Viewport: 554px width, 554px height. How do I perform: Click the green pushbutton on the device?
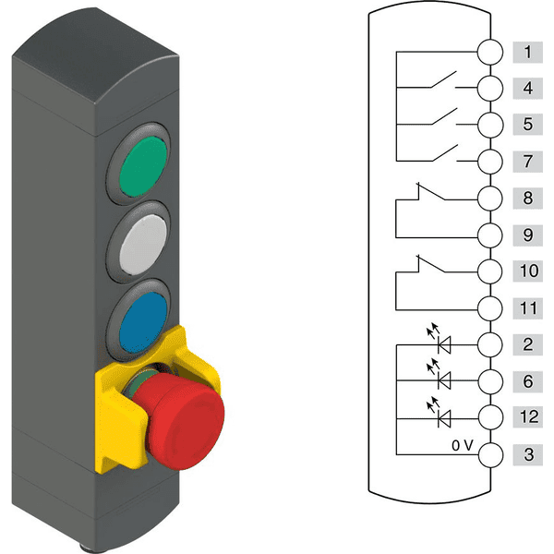tap(143, 166)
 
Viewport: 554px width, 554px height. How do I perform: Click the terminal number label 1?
tap(528, 53)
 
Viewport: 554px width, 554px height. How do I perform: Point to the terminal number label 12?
tap(528, 416)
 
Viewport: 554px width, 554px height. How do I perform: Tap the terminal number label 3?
tap(528, 454)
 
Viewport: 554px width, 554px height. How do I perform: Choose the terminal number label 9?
tap(528, 235)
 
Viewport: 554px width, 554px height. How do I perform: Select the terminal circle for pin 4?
tap(490, 89)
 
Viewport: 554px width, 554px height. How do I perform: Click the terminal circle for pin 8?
tap(490, 199)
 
